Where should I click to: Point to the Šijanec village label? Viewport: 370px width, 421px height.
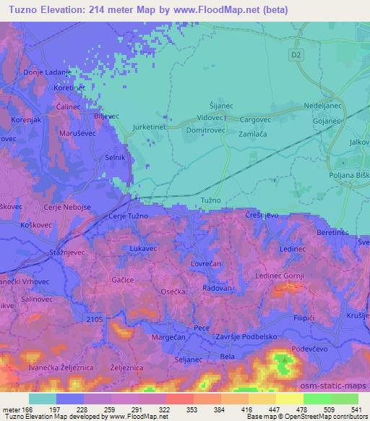pos(223,105)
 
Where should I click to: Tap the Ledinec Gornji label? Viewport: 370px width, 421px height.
pos(282,276)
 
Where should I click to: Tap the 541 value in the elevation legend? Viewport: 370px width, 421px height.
pos(357,409)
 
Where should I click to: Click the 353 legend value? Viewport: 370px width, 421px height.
pos(192,409)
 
